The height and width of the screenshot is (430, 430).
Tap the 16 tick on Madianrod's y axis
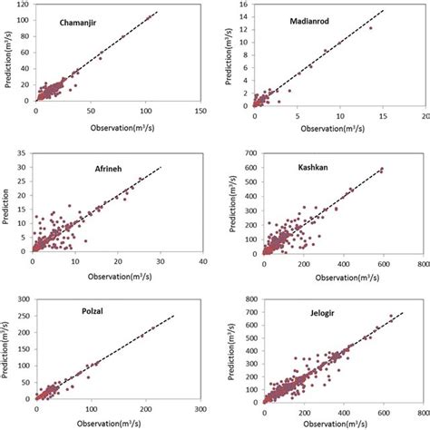point(242,5)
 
